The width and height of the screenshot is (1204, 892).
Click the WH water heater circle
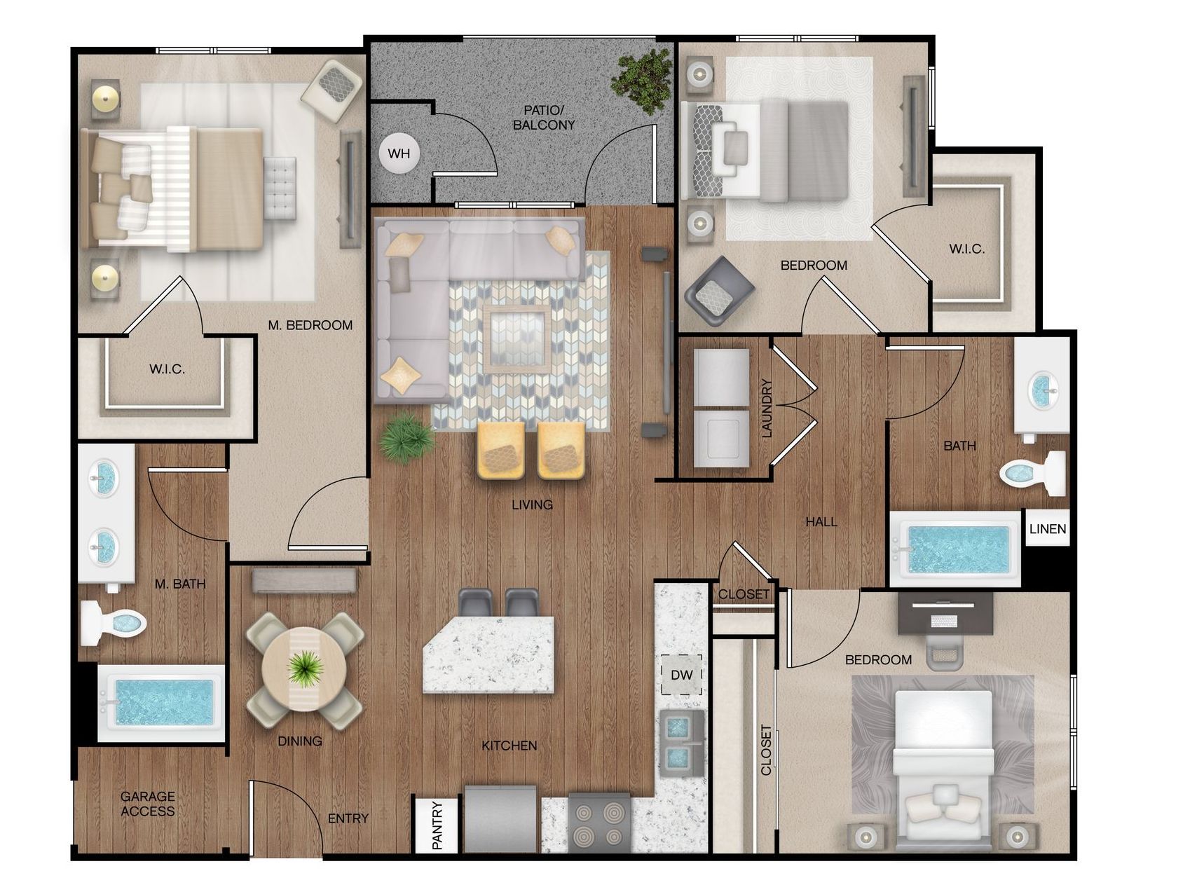click(399, 153)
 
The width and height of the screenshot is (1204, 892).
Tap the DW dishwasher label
click(681, 675)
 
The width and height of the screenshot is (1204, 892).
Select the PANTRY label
click(437, 825)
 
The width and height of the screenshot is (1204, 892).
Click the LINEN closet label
click(1048, 529)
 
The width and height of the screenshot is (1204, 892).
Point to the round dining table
click(304, 669)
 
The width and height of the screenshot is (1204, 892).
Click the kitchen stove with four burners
click(598, 823)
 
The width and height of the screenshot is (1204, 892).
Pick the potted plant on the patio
click(642, 79)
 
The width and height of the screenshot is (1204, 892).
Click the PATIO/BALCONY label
click(544, 118)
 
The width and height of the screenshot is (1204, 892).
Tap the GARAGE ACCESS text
click(148, 804)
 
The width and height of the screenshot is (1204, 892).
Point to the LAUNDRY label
click(766, 409)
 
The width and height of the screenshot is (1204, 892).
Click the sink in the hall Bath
click(1042, 390)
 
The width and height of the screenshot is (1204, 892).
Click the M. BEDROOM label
click(310, 325)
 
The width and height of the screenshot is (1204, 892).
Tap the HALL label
click(821, 522)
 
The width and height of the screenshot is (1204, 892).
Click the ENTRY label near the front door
click(348, 818)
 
